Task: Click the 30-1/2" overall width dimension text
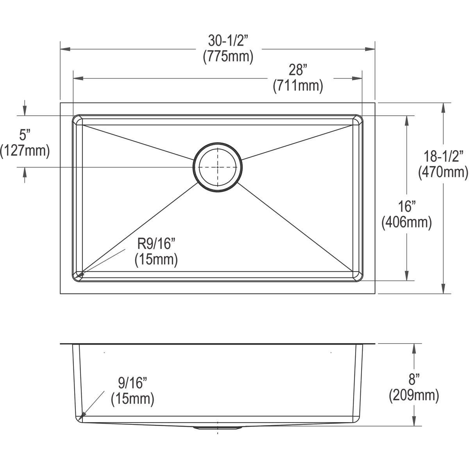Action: coord(228,41)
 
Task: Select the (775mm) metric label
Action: coord(228,57)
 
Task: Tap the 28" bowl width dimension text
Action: coord(298,70)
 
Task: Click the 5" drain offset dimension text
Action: coord(25,135)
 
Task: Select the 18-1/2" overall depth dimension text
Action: coord(444,156)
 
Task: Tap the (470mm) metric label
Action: coord(444,172)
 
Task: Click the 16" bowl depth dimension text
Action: coord(406,206)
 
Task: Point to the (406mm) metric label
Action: coord(406,222)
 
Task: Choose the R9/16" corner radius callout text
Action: coord(156,244)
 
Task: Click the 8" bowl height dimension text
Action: coord(414,379)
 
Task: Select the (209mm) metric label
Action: coord(414,396)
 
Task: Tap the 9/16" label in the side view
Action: coord(132,382)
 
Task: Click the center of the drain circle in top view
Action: coord(218,167)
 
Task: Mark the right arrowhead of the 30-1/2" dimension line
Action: coord(370,49)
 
